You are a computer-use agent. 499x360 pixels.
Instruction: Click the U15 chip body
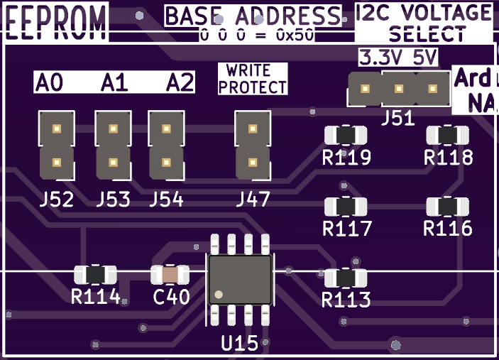239,280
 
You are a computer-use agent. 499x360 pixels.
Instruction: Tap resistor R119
346,135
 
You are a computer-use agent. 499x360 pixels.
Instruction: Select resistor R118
447,135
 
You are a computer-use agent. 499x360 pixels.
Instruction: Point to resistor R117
346,207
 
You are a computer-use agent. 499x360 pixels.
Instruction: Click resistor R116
447,207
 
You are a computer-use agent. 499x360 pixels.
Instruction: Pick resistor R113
346,278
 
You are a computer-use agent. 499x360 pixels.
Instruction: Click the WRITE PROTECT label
253,79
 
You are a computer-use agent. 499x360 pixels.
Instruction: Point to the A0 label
49,83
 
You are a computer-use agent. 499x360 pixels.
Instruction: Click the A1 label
114,83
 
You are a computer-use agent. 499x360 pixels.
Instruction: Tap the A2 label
180,83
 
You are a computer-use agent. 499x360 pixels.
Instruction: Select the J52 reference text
57,200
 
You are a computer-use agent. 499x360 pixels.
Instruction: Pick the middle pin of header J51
399,89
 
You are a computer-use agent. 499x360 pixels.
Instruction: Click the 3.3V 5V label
398,58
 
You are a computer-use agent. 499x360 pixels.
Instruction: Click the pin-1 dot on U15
219,294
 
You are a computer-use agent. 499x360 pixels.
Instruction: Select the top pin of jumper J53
112,129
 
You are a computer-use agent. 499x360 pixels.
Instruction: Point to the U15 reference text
239,344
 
